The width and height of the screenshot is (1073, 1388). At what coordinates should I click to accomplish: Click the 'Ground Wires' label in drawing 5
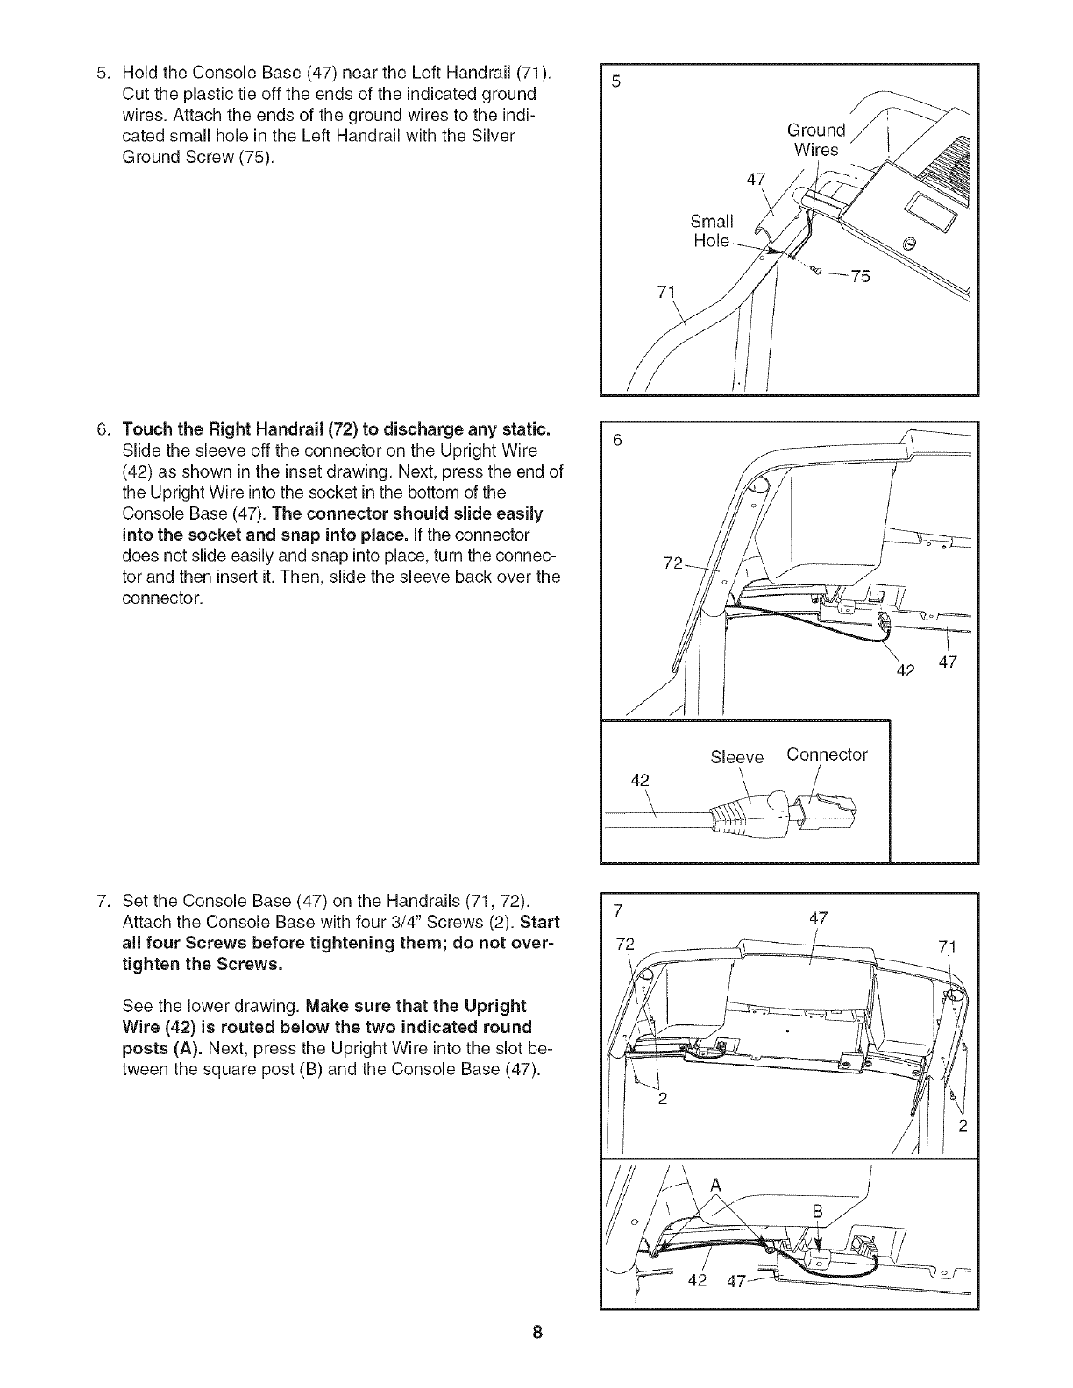[816, 140]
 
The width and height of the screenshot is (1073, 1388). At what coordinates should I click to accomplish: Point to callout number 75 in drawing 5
[861, 276]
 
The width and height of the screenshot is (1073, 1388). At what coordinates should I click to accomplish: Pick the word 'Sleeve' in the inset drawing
[737, 757]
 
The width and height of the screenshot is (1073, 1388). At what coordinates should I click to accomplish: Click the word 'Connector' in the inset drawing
[827, 754]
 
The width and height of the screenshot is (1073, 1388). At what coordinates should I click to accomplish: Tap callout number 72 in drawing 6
[673, 563]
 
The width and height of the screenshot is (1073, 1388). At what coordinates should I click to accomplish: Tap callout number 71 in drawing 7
[948, 947]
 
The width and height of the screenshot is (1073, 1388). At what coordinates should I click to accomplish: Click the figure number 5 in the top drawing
[616, 82]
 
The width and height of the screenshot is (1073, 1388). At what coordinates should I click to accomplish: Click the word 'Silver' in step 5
[492, 136]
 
